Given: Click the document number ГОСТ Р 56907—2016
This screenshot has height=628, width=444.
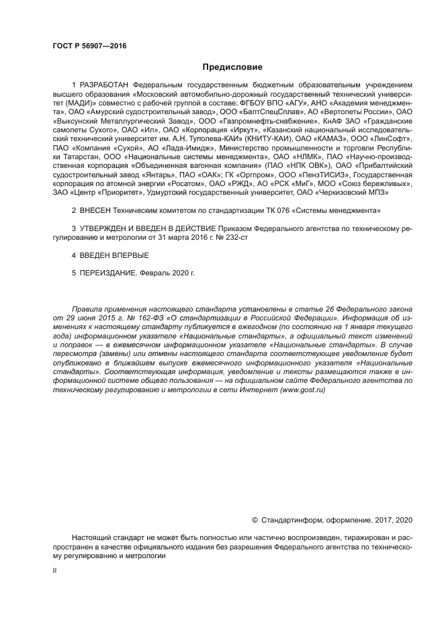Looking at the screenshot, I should click(x=89, y=46).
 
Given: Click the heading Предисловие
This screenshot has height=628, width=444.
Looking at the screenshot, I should click(x=232, y=66).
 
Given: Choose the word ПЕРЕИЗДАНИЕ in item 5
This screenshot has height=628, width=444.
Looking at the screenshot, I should click(x=108, y=274).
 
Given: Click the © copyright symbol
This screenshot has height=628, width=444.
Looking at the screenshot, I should click(x=255, y=519).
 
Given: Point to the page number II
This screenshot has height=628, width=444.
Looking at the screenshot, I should click(x=54, y=570).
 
